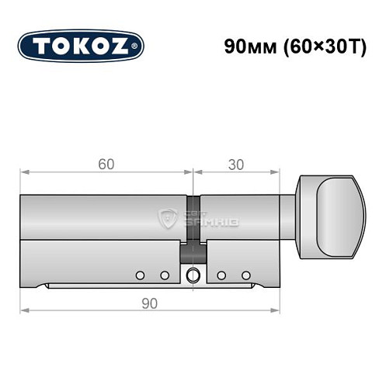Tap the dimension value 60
click(106, 163)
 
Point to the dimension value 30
click(235, 163)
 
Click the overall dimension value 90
click(151, 303)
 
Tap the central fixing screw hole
click(193, 274)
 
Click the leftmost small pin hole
click(140, 275)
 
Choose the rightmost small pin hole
click(245, 275)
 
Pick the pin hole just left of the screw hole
click(165, 275)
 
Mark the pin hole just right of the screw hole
click(221, 275)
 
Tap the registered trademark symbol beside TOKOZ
click(138, 47)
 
